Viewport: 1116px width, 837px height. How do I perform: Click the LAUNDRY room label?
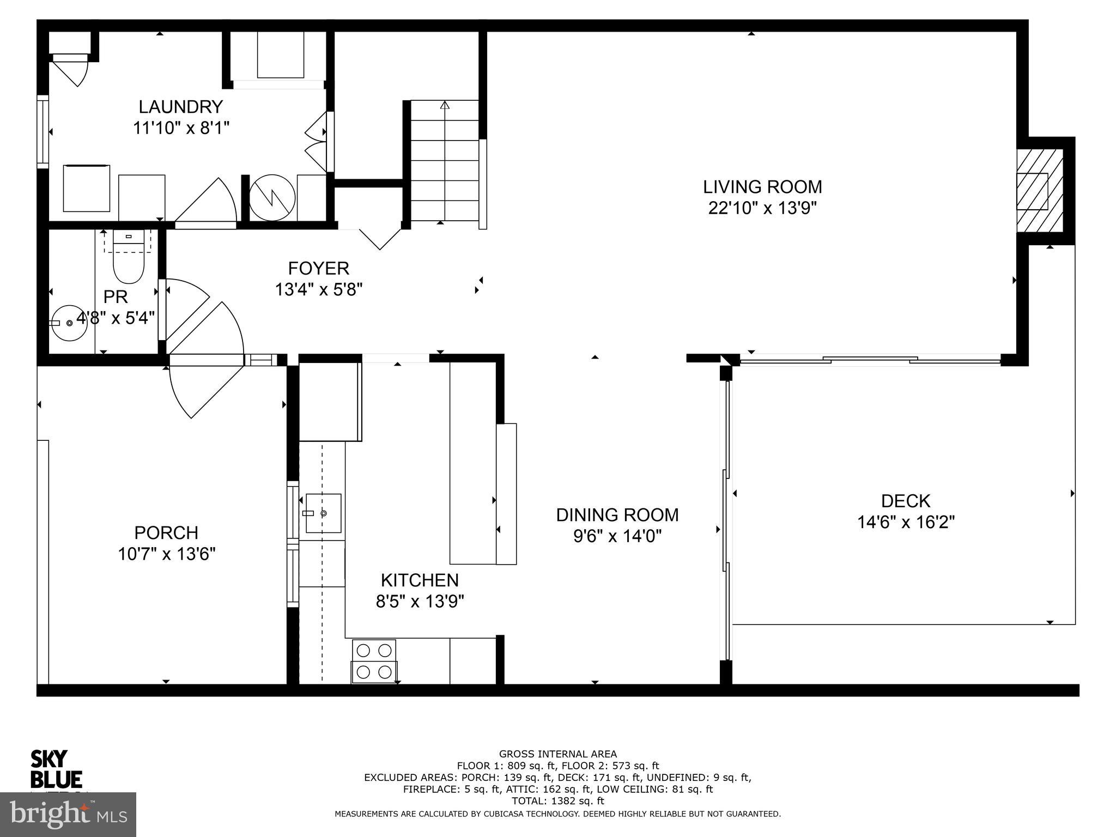point(180,106)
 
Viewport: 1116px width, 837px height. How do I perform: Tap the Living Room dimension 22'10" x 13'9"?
point(762,208)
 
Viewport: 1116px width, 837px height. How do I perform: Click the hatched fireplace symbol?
point(1040,191)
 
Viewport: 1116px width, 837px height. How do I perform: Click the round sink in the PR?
point(68,323)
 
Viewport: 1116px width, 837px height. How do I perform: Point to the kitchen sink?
point(323,513)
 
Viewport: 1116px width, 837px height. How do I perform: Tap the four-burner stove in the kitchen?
point(374,661)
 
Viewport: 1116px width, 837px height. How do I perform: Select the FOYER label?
point(318,268)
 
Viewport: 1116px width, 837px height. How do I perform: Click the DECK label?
point(905,501)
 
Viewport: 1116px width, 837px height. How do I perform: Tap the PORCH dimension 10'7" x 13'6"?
point(167,554)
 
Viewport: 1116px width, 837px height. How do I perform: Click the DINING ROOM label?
point(617,515)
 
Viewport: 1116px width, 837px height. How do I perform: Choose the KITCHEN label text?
point(420,580)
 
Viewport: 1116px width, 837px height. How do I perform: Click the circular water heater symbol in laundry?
point(272,197)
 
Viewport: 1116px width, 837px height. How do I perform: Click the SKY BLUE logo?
point(56,769)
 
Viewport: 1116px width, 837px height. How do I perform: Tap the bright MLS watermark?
point(68,814)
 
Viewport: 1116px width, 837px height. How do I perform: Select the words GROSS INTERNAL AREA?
point(557,754)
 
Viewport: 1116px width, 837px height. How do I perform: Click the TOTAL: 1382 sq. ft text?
point(557,801)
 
